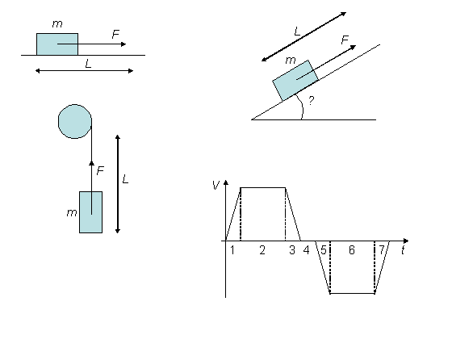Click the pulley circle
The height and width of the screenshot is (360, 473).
click(75, 121)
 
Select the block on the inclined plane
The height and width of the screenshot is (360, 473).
click(295, 80)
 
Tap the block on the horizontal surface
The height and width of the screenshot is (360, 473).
click(57, 44)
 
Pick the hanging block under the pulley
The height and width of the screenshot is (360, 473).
click(90, 212)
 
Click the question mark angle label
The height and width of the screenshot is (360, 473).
click(312, 100)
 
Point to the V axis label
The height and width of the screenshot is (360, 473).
click(216, 185)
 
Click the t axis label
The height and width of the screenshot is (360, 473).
click(403, 250)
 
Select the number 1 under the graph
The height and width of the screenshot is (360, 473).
click(232, 250)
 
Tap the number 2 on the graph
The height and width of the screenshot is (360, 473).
click(262, 250)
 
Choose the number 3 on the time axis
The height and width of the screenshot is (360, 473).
click(292, 250)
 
